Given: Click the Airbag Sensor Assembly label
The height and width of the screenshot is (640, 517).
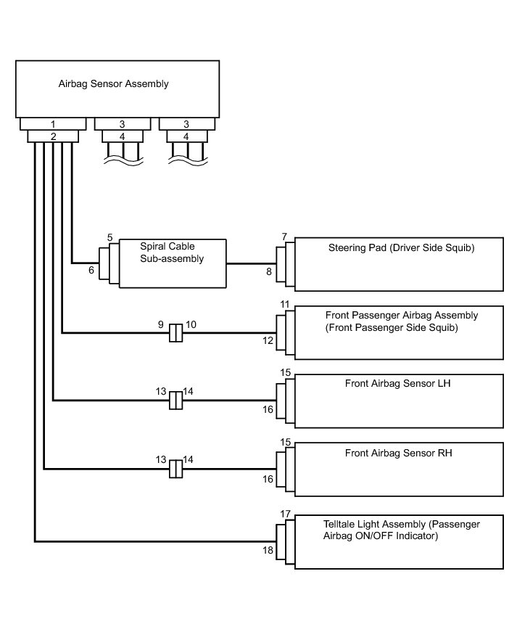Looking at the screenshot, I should tap(113, 83).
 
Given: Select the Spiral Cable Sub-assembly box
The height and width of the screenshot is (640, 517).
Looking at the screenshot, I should tap(173, 263).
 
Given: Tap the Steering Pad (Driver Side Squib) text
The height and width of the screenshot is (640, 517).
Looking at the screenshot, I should tap(401, 248).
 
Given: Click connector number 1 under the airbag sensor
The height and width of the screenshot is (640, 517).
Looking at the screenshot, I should tap(53, 124).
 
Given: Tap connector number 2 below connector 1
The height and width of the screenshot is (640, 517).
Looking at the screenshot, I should tap(53, 136).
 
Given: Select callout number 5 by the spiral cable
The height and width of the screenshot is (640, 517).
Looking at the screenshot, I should tap(109, 237).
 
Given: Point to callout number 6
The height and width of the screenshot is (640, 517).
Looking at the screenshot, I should tap(91, 270).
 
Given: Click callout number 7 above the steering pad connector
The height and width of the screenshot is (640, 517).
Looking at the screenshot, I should tap(285, 237).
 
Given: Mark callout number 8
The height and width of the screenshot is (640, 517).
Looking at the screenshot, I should tap(269, 271).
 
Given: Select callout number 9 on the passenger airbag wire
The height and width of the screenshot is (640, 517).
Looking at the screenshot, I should tap(161, 325).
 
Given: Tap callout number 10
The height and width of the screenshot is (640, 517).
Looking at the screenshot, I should tap(191, 325).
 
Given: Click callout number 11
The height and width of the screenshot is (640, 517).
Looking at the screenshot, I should tap(285, 304).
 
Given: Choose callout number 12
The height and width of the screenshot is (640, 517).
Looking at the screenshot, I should tap(268, 340).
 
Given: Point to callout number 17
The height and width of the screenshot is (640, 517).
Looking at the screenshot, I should tap(285, 514).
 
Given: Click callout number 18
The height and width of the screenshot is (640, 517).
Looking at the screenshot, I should tap(268, 551).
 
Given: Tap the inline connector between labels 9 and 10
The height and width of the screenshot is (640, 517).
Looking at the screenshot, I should tap(175, 334).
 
